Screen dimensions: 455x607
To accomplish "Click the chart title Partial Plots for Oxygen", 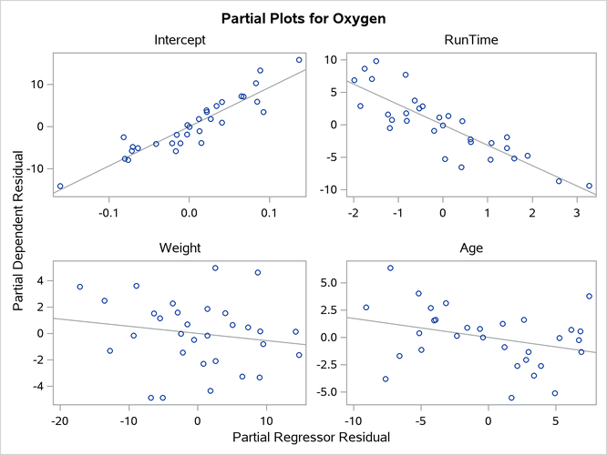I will click(303, 17).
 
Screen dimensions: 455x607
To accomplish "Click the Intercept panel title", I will click(180, 41).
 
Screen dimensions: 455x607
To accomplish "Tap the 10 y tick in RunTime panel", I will click(330, 60).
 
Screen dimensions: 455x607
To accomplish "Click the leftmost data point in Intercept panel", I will click(60, 187).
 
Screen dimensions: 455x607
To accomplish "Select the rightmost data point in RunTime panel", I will click(589, 186).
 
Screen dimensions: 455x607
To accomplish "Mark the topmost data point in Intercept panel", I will click(299, 60).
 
